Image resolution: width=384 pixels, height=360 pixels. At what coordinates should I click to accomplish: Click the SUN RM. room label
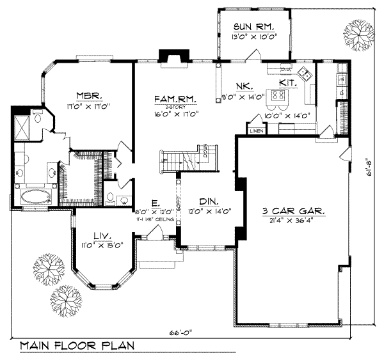click(x=254, y=26)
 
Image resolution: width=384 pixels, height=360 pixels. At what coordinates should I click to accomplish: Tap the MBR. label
click(x=89, y=95)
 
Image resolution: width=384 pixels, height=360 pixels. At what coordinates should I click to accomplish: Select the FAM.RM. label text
click(x=175, y=99)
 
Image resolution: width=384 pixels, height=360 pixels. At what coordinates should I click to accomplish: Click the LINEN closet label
click(x=256, y=131)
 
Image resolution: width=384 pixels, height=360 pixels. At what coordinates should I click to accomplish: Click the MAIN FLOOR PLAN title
click(x=77, y=346)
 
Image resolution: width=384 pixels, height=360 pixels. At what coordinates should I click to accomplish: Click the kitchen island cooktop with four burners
click(x=278, y=97)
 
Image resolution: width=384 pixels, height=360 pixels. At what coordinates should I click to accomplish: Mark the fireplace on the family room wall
click(x=171, y=58)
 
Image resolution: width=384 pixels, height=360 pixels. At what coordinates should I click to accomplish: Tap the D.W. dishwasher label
click(x=286, y=69)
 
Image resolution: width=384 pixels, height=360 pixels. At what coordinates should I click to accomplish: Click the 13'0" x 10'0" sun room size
click(x=254, y=37)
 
